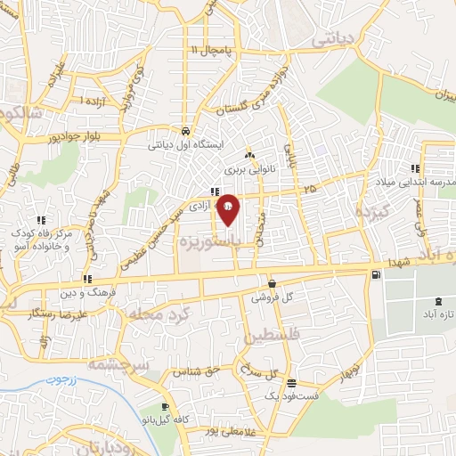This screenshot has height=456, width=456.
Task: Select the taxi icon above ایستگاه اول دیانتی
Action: [x=183, y=127]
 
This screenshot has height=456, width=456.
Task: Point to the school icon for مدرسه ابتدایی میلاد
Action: [x=414, y=168]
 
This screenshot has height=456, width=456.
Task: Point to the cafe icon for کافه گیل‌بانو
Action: [x=165, y=408]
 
